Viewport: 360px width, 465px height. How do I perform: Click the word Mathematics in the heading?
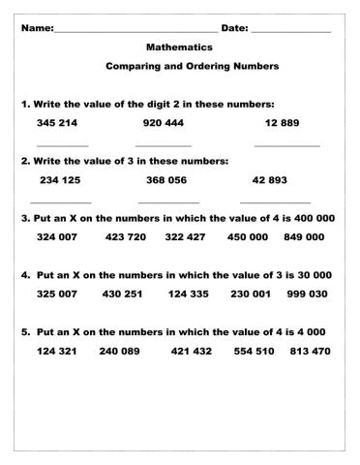(x=179, y=46)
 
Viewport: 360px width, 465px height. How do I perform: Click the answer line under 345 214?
(x=55, y=145)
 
